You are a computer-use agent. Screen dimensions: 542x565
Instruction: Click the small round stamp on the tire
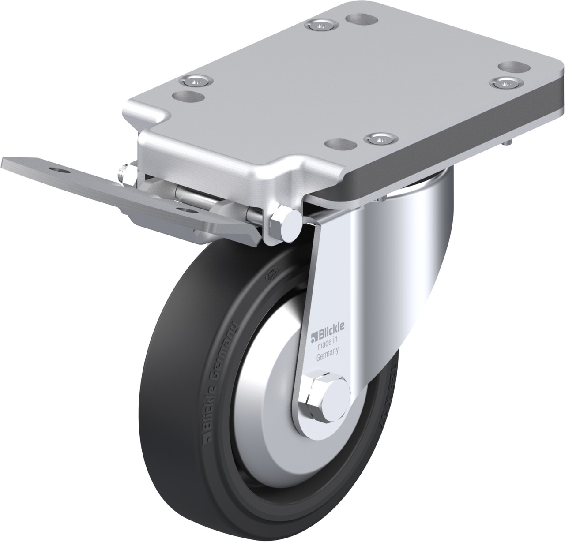pyautogui.click(x=267, y=273)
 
